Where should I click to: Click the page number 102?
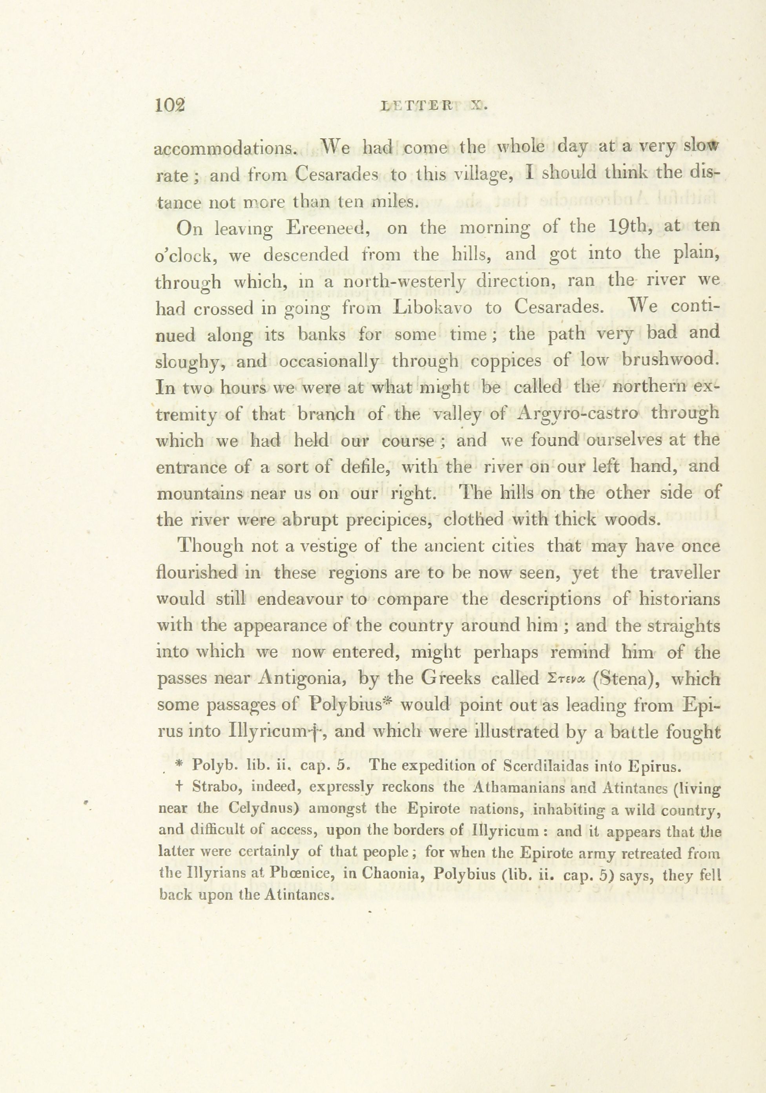coord(170,105)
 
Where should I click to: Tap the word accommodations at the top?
coord(226,148)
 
